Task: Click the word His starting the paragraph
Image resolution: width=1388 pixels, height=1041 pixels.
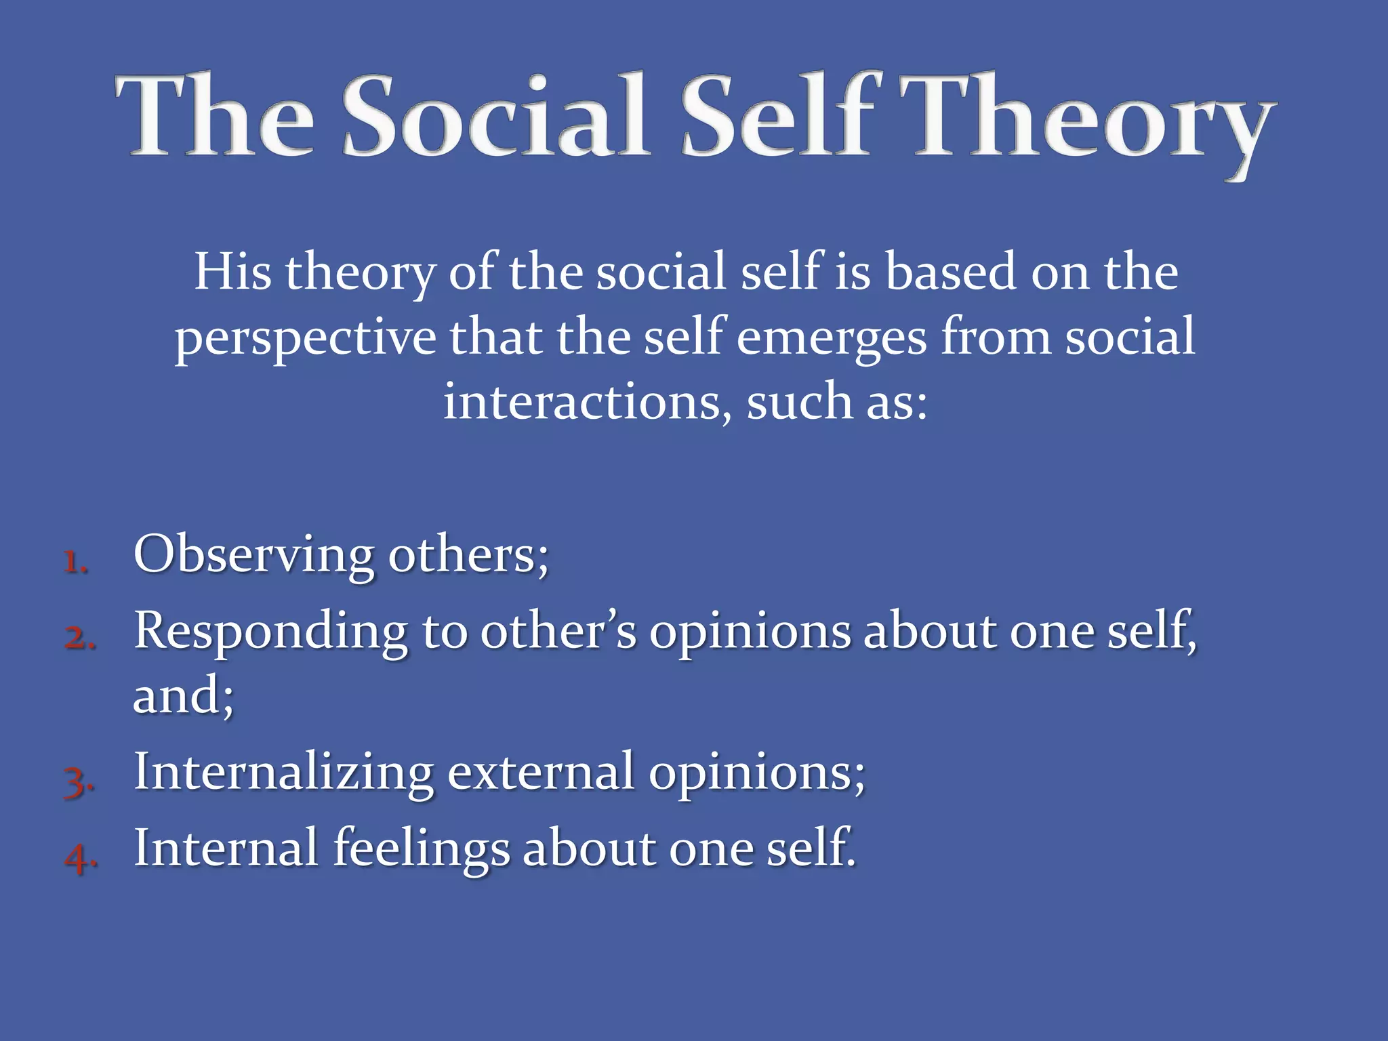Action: click(232, 272)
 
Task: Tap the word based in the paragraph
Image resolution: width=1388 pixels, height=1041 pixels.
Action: click(951, 272)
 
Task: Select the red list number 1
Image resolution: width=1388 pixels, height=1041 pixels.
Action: click(76, 562)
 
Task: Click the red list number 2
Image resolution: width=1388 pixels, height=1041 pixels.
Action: click(79, 638)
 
